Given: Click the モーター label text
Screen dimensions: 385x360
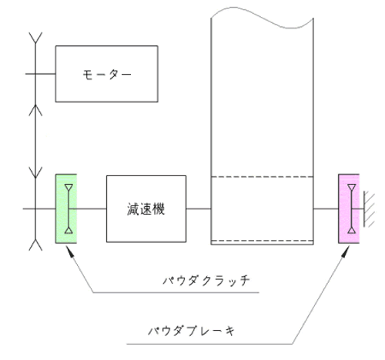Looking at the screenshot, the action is click(x=107, y=75).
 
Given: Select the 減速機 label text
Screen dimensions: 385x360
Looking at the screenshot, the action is click(x=146, y=209).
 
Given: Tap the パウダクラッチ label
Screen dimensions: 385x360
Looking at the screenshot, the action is click(x=206, y=281).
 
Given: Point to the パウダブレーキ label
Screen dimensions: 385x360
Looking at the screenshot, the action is click(x=192, y=331).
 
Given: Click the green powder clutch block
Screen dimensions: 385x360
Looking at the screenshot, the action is click(x=66, y=208).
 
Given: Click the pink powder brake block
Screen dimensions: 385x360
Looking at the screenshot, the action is click(x=349, y=208).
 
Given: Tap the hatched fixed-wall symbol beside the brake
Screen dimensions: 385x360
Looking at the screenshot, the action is click(x=369, y=209).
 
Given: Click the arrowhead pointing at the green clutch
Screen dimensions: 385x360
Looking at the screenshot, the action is click(x=69, y=252).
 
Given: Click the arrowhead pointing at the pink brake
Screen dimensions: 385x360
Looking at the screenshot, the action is click(x=346, y=252).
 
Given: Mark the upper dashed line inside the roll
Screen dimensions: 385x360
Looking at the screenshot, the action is click(x=262, y=177).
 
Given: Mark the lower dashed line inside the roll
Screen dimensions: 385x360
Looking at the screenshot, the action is click(x=262, y=241).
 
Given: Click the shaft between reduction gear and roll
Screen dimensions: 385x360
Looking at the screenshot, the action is click(x=199, y=208).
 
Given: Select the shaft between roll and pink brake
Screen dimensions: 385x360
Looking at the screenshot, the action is click(x=326, y=208).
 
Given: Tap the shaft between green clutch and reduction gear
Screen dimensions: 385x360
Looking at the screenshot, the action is click(x=88, y=208).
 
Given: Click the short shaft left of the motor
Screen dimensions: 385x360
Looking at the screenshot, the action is click(x=40, y=74).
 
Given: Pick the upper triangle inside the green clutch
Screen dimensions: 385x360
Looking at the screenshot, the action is click(x=69, y=187).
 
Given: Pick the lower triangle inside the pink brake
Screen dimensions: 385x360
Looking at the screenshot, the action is click(x=352, y=230).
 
